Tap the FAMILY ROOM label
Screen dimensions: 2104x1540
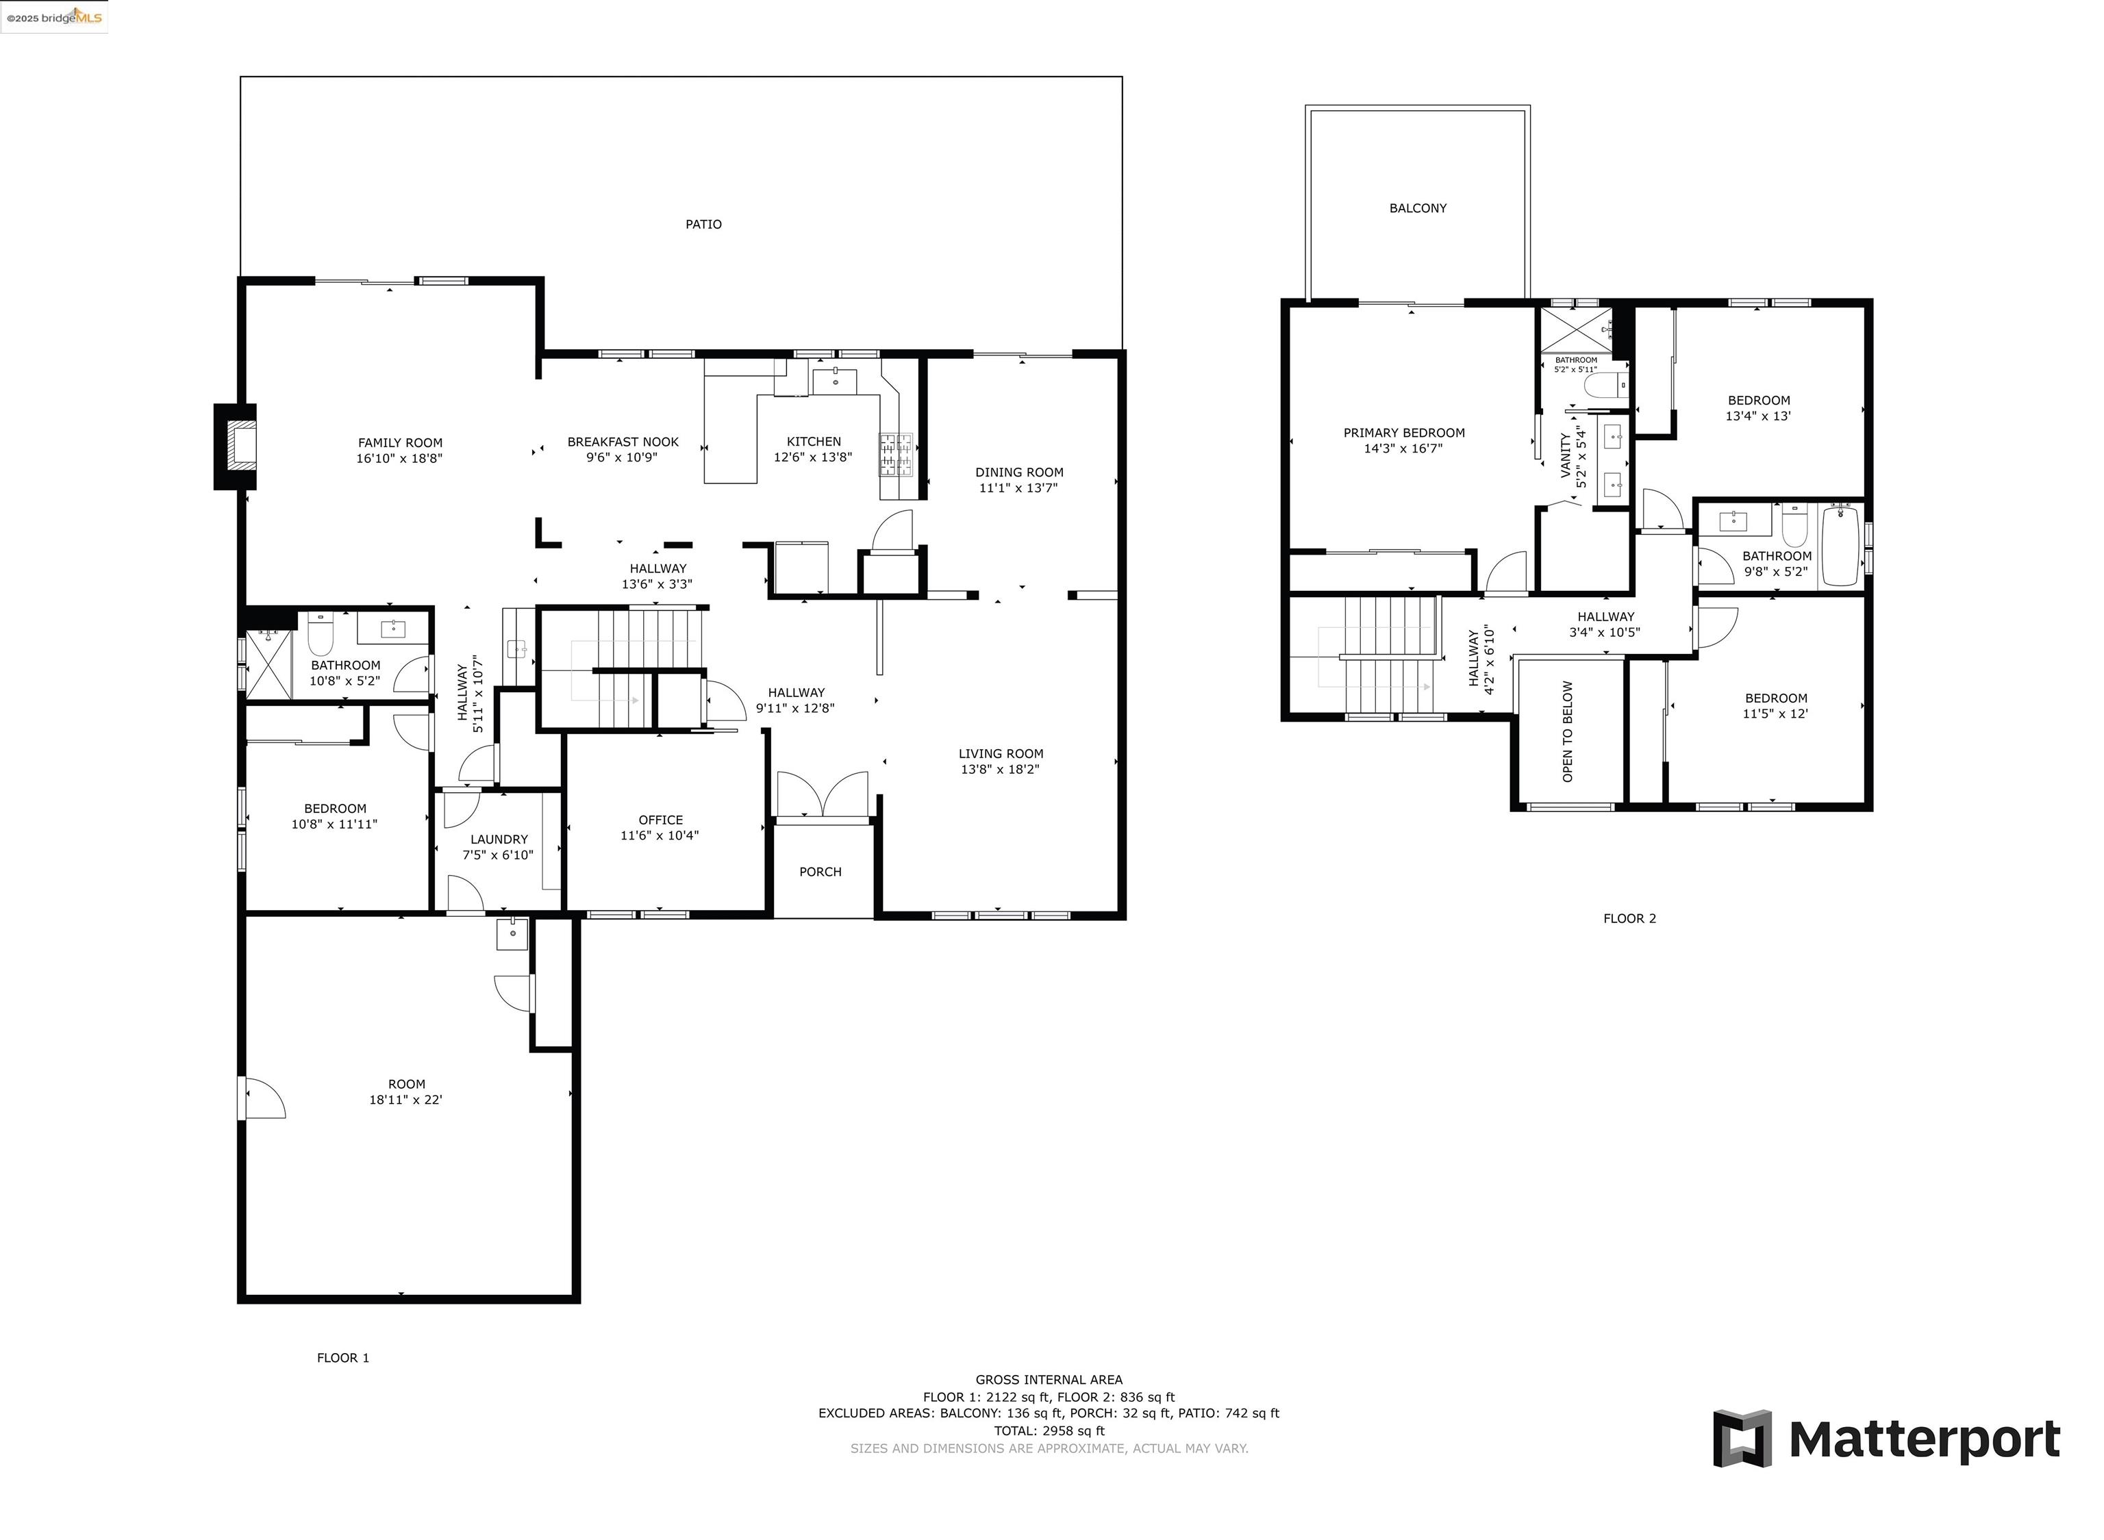coord(400,443)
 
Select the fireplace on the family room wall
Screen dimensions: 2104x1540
coord(235,446)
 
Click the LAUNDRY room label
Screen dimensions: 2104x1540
coord(499,839)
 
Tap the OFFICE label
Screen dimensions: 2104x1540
coord(660,820)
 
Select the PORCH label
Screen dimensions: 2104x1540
coord(821,872)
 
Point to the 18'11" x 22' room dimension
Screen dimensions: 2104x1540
coord(405,1100)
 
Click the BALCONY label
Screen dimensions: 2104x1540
coord(1418,209)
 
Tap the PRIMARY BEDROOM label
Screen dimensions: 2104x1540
coord(1404,433)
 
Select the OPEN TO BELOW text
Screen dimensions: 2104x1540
coord(1567,732)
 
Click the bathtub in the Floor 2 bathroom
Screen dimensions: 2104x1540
coord(1840,545)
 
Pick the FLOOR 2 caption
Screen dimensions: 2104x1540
coord(1629,918)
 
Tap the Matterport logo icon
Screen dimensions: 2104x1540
coord(1742,1439)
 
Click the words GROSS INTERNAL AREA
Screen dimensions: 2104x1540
coord(1049,1380)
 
